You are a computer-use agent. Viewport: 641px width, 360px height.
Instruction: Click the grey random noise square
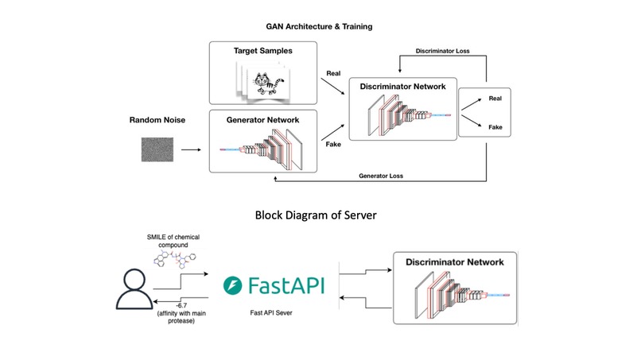tap(157, 148)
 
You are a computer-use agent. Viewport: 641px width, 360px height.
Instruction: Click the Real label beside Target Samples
tap(335, 73)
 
